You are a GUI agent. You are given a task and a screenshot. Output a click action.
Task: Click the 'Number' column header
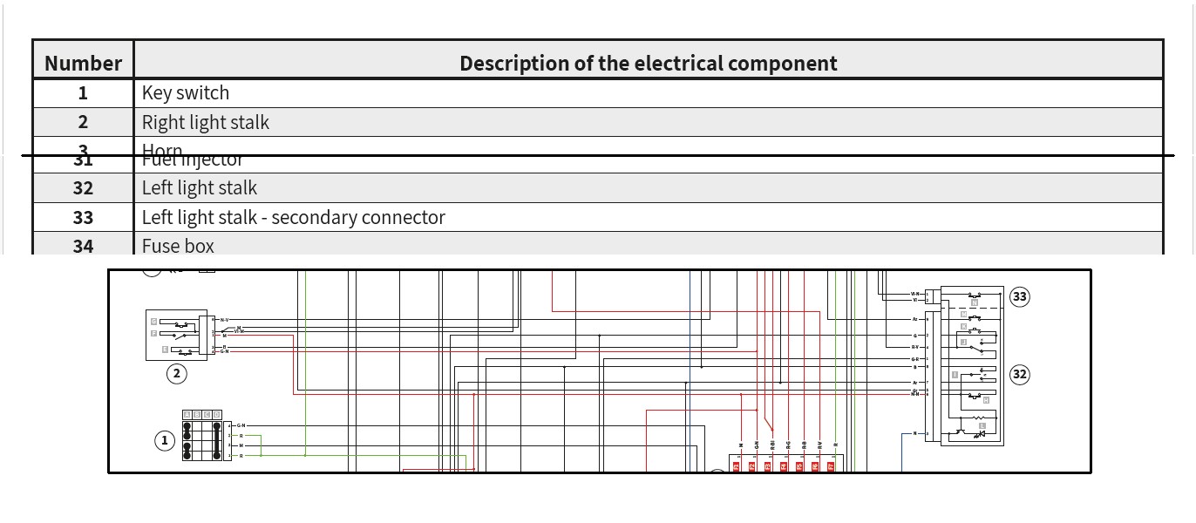pos(83,63)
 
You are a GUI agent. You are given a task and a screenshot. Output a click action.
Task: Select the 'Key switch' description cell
pos(186,92)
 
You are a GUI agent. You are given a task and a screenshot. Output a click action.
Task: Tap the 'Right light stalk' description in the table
pos(206,122)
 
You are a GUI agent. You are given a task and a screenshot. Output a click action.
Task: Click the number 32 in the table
pos(83,188)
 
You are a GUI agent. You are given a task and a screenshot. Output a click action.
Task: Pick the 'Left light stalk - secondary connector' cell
pos(294,217)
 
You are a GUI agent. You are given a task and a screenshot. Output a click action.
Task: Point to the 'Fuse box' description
pos(178,246)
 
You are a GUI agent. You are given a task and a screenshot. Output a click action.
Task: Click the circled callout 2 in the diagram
pos(177,374)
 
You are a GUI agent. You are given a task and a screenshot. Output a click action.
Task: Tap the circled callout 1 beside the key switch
pos(165,441)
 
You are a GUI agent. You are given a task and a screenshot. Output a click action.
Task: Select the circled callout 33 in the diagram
pos(1019,296)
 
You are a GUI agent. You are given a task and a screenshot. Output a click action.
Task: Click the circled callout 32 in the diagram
pos(1019,375)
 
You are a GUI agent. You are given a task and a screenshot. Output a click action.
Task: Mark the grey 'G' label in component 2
pos(154,322)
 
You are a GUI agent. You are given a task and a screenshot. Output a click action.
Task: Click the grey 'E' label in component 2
pos(166,349)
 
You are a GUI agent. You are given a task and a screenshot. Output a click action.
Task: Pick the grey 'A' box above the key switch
pos(187,414)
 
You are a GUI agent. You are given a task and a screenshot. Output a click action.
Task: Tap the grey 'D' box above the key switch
pos(216,414)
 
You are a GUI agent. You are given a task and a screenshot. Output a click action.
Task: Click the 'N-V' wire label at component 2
pos(224,320)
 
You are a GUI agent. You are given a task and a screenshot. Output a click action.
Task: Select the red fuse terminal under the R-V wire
pos(815,466)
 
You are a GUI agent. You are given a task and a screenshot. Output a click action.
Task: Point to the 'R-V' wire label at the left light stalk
pos(915,347)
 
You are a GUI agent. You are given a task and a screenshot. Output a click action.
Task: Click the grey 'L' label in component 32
pos(982,425)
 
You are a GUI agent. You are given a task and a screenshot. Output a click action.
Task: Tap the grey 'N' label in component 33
pos(974,302)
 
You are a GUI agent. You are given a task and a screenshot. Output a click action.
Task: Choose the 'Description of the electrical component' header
pos(648,63)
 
